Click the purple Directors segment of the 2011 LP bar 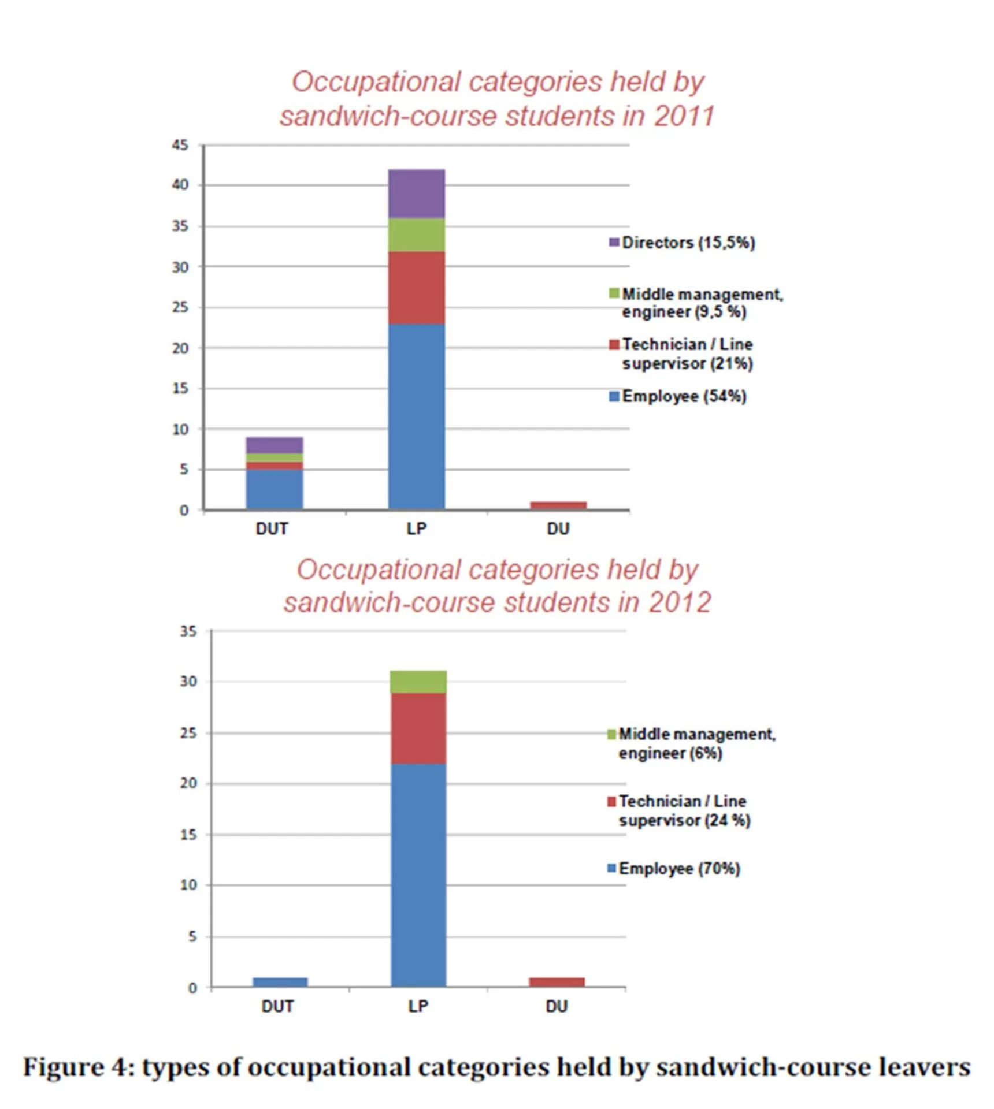pos(416,193)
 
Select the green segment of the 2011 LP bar pos(416,235)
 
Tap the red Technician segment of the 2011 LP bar pos(416,287)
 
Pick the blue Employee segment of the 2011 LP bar pos(416,416)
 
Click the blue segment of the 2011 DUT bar pos(274,489)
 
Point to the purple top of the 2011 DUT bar pos(274,445)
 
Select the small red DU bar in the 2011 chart pos(558,505)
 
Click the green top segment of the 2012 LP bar pos(418,682)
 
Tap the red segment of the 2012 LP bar pos(418,728)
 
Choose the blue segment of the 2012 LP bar pos(418,874)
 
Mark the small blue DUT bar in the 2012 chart pos(280,981)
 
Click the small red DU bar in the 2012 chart pos(557,981)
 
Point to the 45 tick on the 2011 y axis pos(180,145)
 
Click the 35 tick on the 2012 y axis pos(188,631)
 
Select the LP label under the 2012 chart pos(418,1006)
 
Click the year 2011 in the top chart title pos(684,116)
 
